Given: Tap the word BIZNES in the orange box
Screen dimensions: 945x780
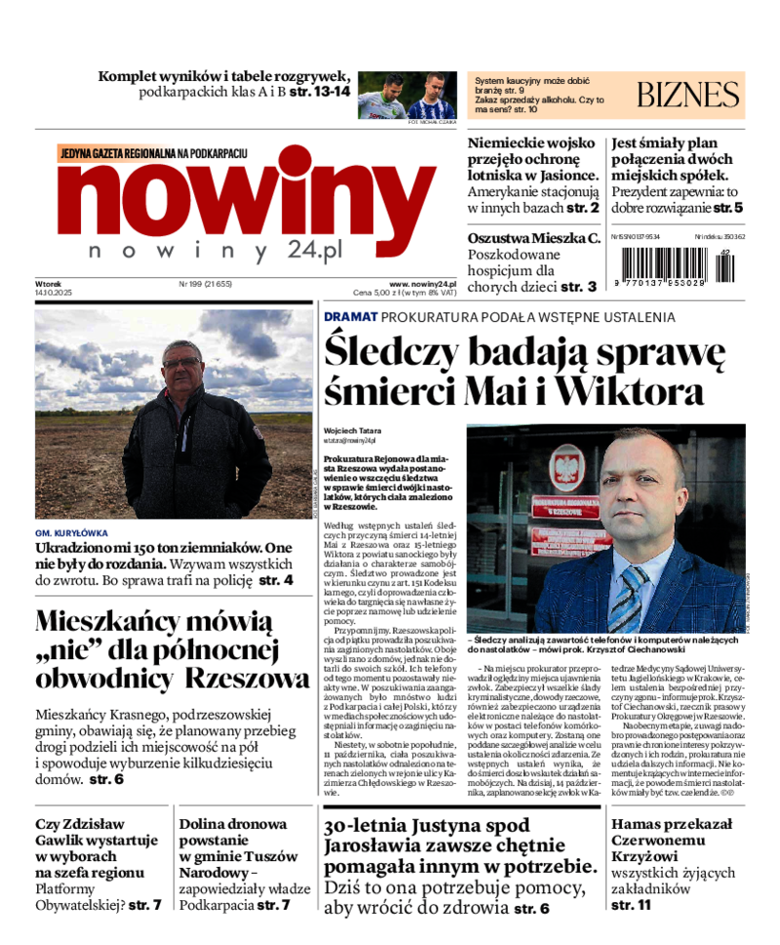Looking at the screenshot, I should click(688, 95).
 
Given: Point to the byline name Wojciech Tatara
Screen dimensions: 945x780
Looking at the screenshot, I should click(353, 430).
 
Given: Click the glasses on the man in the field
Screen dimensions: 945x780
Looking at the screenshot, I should click(182, 363).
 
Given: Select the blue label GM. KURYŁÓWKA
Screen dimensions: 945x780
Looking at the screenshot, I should click(71, 533).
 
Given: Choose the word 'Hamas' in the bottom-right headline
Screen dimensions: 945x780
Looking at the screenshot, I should click(639, 824).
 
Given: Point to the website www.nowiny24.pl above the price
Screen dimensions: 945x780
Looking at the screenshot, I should click(422, 283).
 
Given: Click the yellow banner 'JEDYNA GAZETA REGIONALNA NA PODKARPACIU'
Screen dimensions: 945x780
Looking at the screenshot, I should click(154, 153).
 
